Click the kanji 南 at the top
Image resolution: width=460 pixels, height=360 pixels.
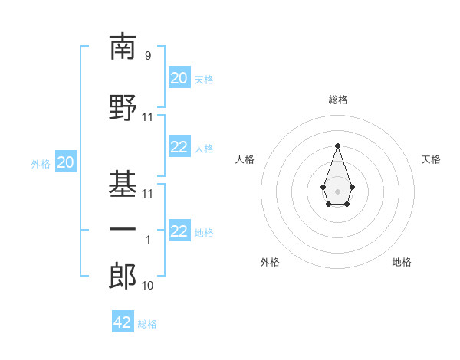pyautogui.click(x=123, y=47)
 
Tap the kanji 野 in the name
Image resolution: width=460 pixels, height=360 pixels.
pyautogui.click(x=123, y=108)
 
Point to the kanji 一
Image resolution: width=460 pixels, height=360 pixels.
pyautogui.click(x=123, y=230)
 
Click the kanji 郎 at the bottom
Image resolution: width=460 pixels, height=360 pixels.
pyautogui.click(x=123, y=277)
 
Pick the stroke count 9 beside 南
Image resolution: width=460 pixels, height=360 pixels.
pyautogui.click(x=148, y=55)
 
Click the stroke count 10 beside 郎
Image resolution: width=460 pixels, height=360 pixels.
pyautogui.click(x=148, y=286)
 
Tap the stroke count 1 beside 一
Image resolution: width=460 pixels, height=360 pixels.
pyautogui.click(x=148, y=240)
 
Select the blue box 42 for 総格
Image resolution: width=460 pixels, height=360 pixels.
pyautogui.click(x=123, y=322)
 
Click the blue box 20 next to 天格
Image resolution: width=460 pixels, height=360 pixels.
pyautogui.click(x=179, y=78)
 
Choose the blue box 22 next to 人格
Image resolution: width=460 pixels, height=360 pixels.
pyautogui.click(x=179, y=148)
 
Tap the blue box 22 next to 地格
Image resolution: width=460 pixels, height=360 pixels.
pyautogui.click(x=179, y=232)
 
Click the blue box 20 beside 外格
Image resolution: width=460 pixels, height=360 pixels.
pyautogui.click(x=65, y=162)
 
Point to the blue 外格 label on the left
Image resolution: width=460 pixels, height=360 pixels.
pyautogui.click(x=40, y=164)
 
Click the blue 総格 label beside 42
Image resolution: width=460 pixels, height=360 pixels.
pyautogui.click(x=147, y=324)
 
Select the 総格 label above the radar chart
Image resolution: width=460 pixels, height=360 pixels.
pyautogui.click(x=337, y=100)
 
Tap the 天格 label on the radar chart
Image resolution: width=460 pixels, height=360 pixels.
pyautogui.click(x=431, y=159)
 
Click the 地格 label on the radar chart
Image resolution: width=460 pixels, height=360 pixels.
pyautogui.click(x=402, y=262)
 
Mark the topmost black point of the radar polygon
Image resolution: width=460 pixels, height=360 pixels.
pyautogui.click(x=337, y=146)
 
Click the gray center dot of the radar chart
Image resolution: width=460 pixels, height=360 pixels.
pyautogui.click(x=337, y=191)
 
